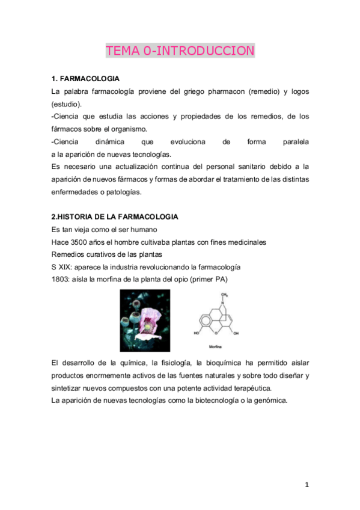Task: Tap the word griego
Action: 183,92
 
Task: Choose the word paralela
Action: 296,142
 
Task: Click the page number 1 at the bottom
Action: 307,485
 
